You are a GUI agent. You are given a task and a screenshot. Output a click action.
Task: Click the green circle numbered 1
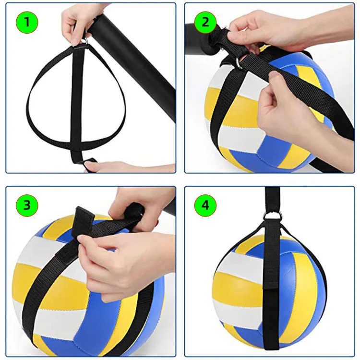pos(27,22)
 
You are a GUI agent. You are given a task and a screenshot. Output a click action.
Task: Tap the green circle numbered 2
pos(205,22)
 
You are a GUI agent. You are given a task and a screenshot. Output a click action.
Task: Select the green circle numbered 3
pos(27,205)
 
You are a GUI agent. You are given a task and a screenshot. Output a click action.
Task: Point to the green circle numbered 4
pos(205,205)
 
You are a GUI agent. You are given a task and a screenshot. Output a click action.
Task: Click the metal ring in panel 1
pos(85,41)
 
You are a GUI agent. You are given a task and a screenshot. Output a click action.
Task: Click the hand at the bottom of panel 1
pos(129,167)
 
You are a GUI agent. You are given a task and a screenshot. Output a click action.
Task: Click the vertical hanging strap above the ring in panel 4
pos(272,200)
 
